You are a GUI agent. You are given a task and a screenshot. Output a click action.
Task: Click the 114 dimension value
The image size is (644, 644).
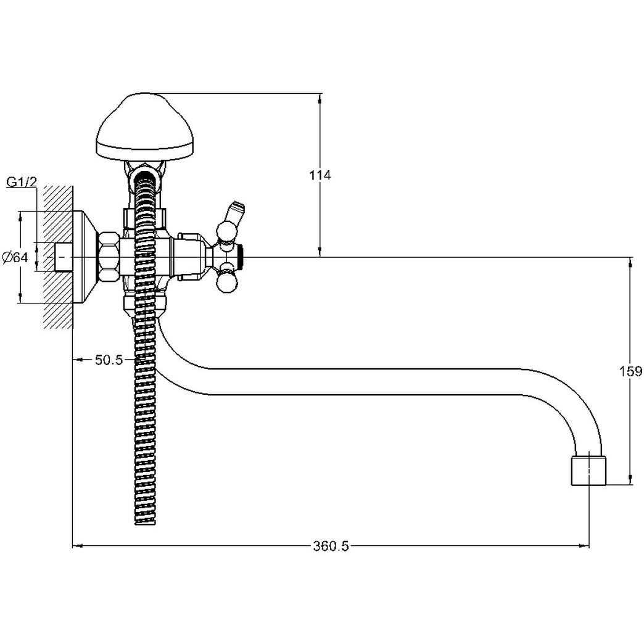point(320,175)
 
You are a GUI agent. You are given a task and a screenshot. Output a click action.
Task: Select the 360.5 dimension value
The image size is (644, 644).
point(331,547)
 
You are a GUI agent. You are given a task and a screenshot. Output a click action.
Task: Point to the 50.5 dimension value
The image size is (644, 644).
point(109,360)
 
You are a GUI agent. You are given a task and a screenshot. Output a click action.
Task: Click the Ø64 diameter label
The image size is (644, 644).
point(15,257)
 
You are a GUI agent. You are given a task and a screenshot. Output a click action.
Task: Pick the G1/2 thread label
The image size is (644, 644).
point(22,182)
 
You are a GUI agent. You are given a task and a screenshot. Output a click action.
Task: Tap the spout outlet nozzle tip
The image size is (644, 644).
point(588,471)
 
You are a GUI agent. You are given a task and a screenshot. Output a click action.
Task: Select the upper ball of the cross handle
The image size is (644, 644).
point(227,231)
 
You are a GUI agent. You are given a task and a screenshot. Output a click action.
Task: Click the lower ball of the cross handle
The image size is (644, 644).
point(227,284)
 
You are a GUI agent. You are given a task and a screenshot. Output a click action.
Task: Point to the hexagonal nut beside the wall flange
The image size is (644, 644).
point(109,257)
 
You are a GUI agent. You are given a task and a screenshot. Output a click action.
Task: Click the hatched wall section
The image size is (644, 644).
point(57,257)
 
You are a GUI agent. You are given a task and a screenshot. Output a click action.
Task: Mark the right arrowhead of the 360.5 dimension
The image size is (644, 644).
point(584,547)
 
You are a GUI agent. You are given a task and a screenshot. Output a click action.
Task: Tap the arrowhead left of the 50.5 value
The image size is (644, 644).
point(79,360)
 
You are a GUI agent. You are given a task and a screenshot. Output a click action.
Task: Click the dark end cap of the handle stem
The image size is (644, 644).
point(241,257)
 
